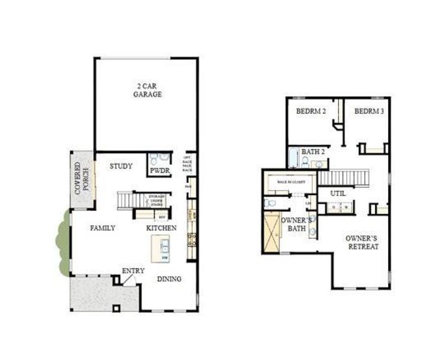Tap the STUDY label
121,166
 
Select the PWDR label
159,171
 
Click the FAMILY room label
103,228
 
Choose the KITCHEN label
161,228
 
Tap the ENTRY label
133,271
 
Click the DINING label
169,279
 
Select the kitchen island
160,248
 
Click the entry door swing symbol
128,281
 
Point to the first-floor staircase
131,199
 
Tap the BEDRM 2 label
311,111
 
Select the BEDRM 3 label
368,111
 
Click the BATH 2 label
313,151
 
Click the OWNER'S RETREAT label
362,242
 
